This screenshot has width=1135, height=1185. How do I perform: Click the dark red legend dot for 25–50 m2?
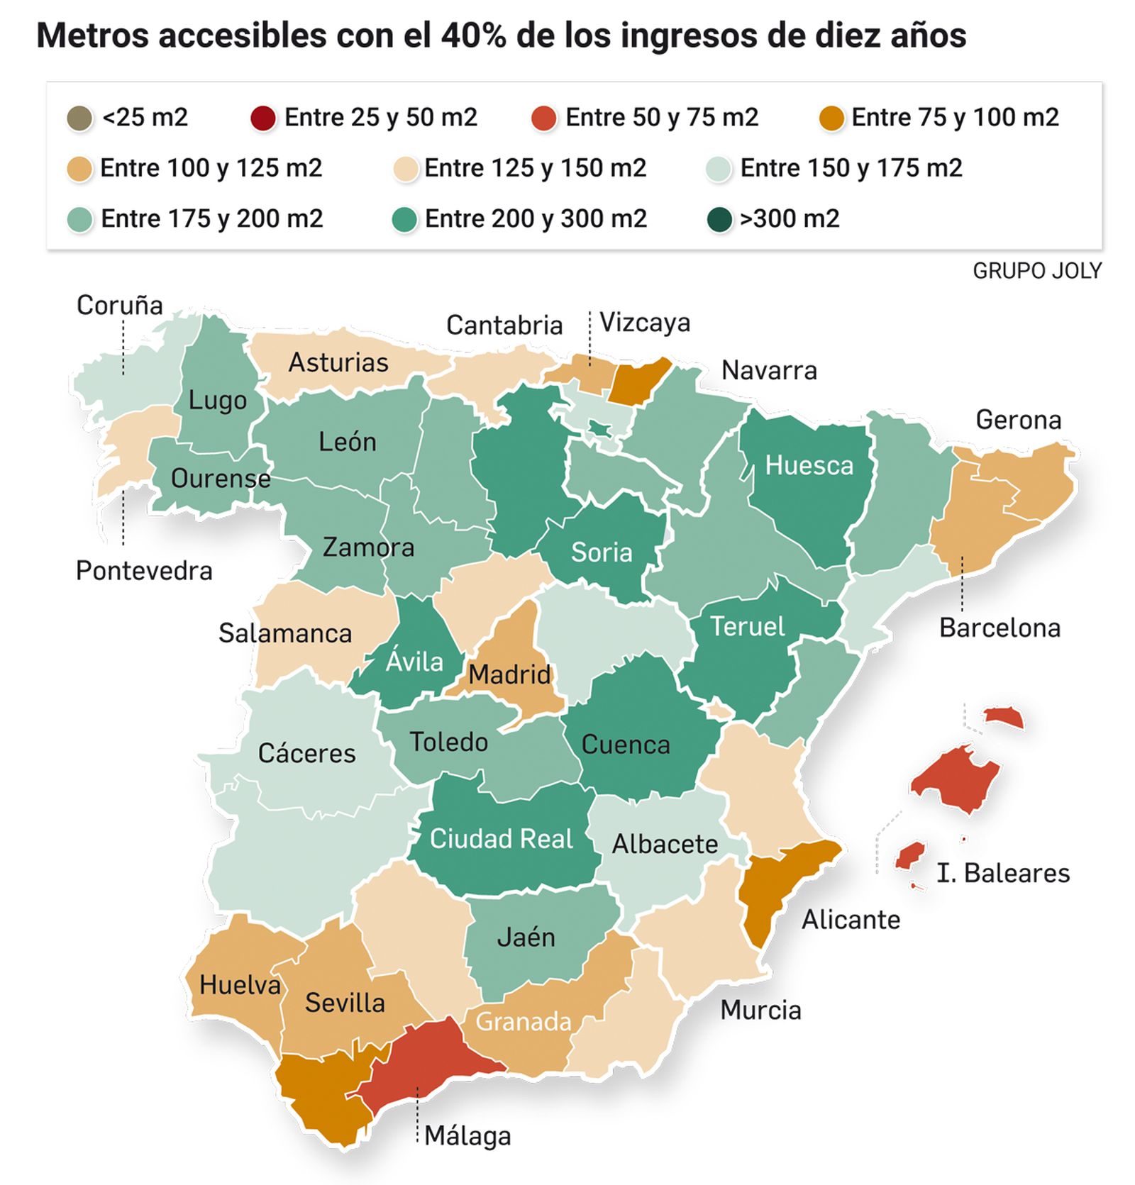[262, 118]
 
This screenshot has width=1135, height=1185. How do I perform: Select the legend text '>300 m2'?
[789, 218]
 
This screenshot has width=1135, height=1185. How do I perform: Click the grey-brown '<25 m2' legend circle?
[79, 118]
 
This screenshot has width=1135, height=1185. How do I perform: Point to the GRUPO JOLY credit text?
[1036, 271]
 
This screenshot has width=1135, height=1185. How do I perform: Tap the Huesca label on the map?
[809, 466]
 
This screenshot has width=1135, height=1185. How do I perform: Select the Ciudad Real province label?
[501, 839]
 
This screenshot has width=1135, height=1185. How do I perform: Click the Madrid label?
[509, 674]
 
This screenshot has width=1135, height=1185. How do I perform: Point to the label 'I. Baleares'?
[1002, 873]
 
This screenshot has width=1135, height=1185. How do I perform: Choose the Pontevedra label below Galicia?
[144, 571]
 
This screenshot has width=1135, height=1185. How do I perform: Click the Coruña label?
[119, 306]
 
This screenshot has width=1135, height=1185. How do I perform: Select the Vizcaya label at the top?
[644, 323]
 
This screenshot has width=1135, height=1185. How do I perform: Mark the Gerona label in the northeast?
[1018, 420]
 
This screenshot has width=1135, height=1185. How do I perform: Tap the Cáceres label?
[306, 753]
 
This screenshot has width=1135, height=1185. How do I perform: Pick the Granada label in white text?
[523, 1022]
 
